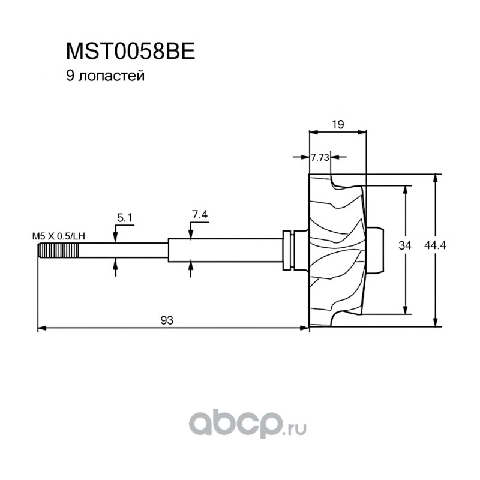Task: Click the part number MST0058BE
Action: (130, 52)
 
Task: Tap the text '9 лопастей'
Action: (106, 76)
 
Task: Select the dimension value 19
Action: (338, 124)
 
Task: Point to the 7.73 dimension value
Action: (320, 157)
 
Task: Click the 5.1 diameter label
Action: (125, 218)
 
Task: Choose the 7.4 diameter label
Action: (200, 214)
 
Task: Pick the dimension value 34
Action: (404, 245)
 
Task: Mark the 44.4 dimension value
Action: (435, 245)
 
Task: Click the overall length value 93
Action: (167, 320)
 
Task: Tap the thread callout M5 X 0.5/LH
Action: (58, 236)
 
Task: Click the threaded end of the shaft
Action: (58, 250)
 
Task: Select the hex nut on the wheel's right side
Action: (374, 250)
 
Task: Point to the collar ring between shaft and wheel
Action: (289, 250)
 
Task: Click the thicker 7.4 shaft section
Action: (225, 250)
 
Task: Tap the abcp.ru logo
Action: (247, 424)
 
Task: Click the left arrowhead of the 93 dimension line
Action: (42, 328)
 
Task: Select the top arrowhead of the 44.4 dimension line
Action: (436, 178)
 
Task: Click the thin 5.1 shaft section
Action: (124, 250)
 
